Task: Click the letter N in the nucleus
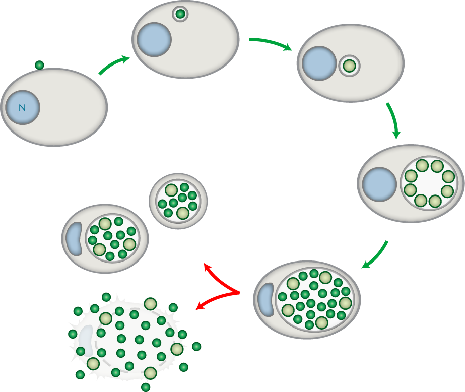click(x=22, y=108)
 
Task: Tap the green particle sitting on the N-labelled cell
click(x=39, y=65)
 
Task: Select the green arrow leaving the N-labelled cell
click(x=114, y=64)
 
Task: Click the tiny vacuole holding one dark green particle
click(x=180, y=14)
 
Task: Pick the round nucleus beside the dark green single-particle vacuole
click(x=154, y=39)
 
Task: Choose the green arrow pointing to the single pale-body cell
click(x=271, y=43)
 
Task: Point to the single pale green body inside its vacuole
click(x=349, y=66)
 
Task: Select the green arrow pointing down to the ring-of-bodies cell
click(x=394, y=120)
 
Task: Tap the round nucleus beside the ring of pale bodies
click(x=379, y=184)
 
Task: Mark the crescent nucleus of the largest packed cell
click(x=266, y=299)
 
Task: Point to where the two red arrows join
click(x=239, y=293)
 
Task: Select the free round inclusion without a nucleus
click(x=178, y=202)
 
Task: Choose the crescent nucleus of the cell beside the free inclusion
click(x=74, y=239)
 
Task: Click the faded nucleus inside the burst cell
click(x=86, y=341)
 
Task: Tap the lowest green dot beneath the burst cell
click(x=146, y=387)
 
